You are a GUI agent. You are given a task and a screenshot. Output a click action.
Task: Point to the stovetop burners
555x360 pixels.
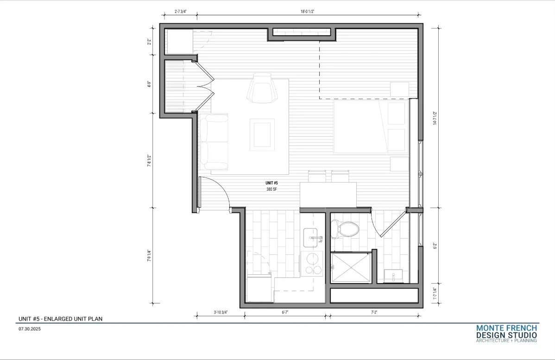[x=312, y=265]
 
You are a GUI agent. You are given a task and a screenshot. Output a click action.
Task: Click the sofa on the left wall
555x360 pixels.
[x=214, y=142]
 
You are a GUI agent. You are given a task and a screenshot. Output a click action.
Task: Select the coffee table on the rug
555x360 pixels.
[x=262, y=134]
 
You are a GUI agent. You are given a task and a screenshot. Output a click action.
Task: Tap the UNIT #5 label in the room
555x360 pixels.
[x=272, y=183]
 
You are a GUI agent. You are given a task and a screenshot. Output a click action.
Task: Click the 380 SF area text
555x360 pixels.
[x=272, y=189]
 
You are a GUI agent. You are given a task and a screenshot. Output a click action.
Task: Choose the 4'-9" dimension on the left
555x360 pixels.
[x=149, y=85]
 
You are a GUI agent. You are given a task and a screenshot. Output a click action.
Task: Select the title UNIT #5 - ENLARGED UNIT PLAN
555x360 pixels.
[x=60, y=319]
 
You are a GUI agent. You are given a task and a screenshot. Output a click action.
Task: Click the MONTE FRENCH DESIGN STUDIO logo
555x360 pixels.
[x=506, y=334]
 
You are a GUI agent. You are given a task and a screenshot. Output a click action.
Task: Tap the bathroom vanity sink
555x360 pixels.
[x=393, y=277]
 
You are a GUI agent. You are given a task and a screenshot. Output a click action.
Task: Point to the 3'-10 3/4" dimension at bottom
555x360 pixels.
[x=221, y=312]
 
